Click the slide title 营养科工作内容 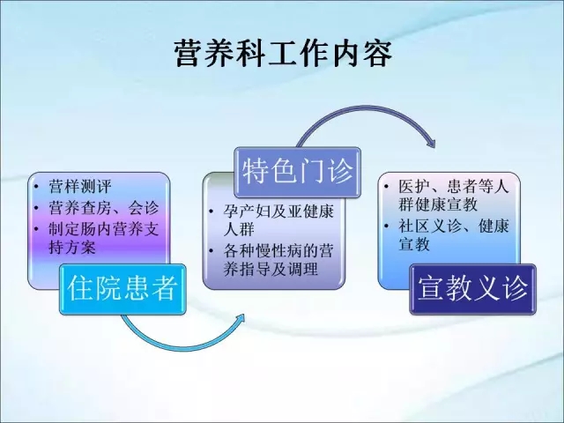coord(284,54)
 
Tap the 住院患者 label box coord(122,289)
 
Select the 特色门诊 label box coord(298,173)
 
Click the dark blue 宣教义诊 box coord(472,289)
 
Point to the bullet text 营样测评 coord(80,186)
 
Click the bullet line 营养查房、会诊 coord(104,208)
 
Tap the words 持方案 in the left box coord(72,248)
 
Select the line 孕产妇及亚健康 coord(278,211)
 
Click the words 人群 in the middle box coord(239,229)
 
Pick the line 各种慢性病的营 coord(278,250)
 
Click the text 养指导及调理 coord(271,269)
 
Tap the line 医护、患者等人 coord(454,186)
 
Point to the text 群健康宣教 coord(438,204)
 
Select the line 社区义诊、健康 coord(454,226)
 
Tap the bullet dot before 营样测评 coord(36,186)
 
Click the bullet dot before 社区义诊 coord(386,226)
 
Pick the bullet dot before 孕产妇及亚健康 coord(211,211)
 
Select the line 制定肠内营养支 coord(104,229)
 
